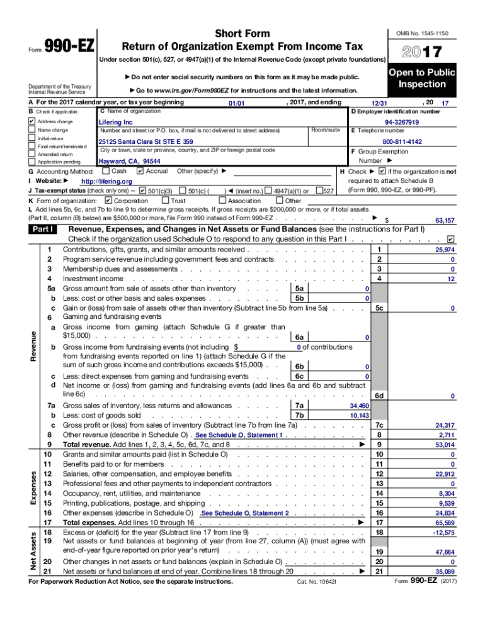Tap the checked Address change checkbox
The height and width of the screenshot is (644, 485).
(x=32, y=121)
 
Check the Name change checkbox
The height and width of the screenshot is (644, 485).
(x=32, y=130)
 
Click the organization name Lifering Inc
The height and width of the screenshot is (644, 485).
(x=116, y=122)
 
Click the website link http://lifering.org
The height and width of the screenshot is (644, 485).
(x=106, y=181)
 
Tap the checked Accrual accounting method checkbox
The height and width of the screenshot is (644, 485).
(x=140, y=171)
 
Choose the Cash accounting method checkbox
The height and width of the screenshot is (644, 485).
(x=105, y=171)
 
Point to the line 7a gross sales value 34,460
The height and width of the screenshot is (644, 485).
(x=359, y=406)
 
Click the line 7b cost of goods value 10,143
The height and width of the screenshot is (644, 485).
(x=359, y=416)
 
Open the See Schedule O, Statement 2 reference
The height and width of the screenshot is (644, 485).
(x=244, y=513)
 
